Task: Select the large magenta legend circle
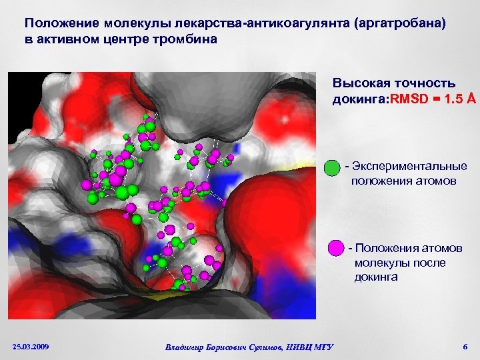click(x=337, y=248)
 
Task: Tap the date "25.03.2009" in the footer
click(x=31, y=346)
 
